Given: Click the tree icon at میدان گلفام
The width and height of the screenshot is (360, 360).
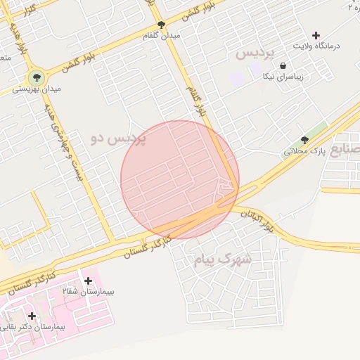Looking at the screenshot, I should [x=162, y=25].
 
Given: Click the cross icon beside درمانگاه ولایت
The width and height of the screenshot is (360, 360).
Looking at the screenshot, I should [x=316, y=35].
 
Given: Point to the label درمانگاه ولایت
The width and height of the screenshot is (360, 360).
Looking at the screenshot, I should [x=316, y=46].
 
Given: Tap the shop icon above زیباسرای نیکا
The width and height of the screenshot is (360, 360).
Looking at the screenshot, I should [x=283, y=65].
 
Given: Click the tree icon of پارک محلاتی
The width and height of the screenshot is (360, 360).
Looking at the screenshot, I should [x=304, y=140].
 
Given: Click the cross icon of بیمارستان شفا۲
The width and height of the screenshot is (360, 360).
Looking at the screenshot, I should [x=88, y=281].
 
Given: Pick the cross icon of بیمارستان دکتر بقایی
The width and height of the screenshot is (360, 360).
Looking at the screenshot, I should [x=32, y=316].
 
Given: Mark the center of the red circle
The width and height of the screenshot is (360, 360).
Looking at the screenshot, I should [x=179, y=179].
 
